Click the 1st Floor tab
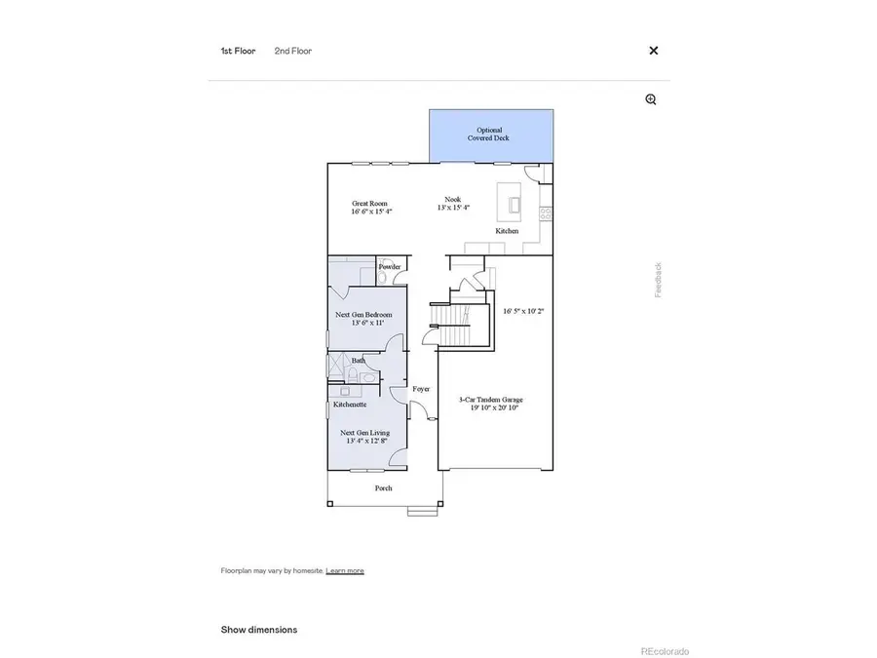(238, 51)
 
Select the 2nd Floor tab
(292, 51)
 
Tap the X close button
(654, 51)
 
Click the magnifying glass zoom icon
(651, 99)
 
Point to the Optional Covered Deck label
(489, 135)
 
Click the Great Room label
(369, 204)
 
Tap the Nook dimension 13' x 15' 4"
(452, 208)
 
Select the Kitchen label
(507, 231)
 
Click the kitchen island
(510, 202)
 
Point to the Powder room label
(390, 266)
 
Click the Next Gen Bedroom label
(363, 315)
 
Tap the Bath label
(359, 361)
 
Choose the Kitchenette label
(350, 404)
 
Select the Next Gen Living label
(364, 432)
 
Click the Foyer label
(421, 389)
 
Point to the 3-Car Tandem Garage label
(491, 399)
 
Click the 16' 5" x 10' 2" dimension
(522, 312)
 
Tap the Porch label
(384, 487)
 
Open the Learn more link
(344, 570)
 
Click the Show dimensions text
(258, 630)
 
